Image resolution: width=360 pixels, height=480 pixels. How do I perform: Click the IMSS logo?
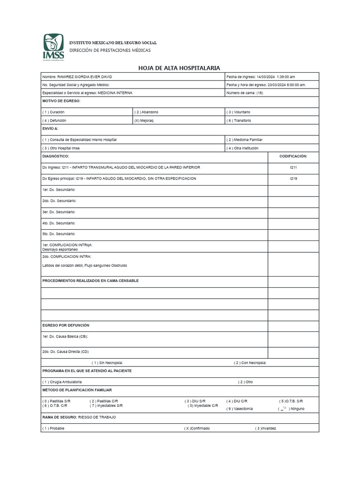[53, 47]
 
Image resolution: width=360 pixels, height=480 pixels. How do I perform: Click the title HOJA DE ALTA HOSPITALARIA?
[179, 68]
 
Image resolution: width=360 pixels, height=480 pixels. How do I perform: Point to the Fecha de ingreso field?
[261, 77]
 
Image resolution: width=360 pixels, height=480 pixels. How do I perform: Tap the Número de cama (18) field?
[245, 93]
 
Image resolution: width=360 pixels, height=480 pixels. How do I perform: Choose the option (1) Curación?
[53, 112]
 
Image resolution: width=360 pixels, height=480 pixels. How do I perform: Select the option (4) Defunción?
[54, 120]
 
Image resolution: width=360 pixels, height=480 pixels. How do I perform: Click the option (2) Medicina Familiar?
[245, 140]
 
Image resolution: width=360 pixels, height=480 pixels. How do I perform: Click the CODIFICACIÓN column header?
[293, 156]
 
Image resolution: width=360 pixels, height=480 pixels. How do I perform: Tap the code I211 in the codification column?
[293, 167]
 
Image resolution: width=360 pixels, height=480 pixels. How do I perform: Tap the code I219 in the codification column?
[293, 179]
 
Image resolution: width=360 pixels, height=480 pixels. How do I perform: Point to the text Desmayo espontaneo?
[60, 250]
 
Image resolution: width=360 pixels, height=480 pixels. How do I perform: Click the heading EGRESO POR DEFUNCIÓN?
[66, 325]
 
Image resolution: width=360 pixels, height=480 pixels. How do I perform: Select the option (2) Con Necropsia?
[250, 362]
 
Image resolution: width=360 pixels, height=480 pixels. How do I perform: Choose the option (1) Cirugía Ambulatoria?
[62, 382]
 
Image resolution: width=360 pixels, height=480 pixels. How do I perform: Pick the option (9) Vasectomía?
[240, 409]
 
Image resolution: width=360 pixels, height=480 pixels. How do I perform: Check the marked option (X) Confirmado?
[197, 428]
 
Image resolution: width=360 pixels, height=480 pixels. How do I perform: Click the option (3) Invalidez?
[265, 428]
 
